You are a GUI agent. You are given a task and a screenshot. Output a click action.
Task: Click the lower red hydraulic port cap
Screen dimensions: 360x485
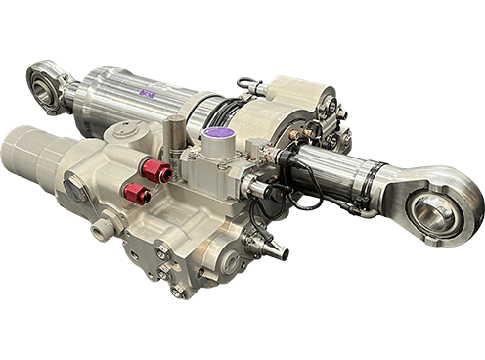tap(136, 194)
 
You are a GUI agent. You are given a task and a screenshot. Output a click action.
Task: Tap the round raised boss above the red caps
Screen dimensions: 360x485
tap(128, 131)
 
